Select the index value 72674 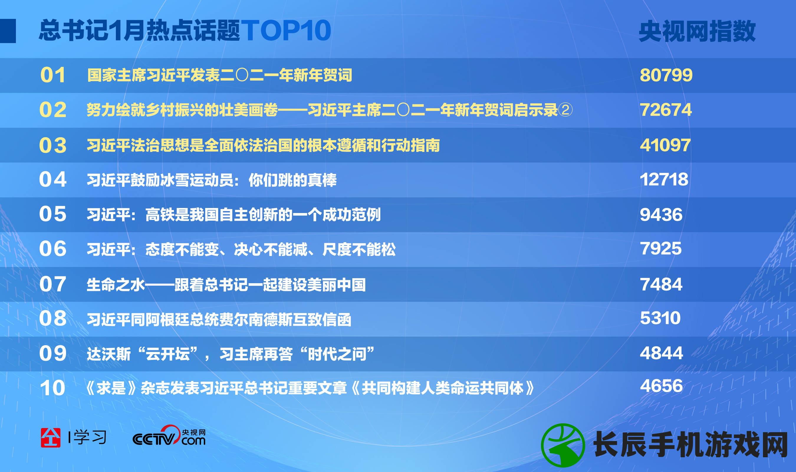[666, 110]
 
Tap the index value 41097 [665, 145]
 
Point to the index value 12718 [664, 179]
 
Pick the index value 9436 [661, 214]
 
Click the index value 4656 [661, 386]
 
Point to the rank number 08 [53, 318]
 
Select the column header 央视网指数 [697, 31]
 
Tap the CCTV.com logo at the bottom [169, 435]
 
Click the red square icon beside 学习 [50, 438]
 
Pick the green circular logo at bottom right [563, 445]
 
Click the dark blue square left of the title [8, 31]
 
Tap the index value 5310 [660, 318]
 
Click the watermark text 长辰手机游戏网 [690, 444]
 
